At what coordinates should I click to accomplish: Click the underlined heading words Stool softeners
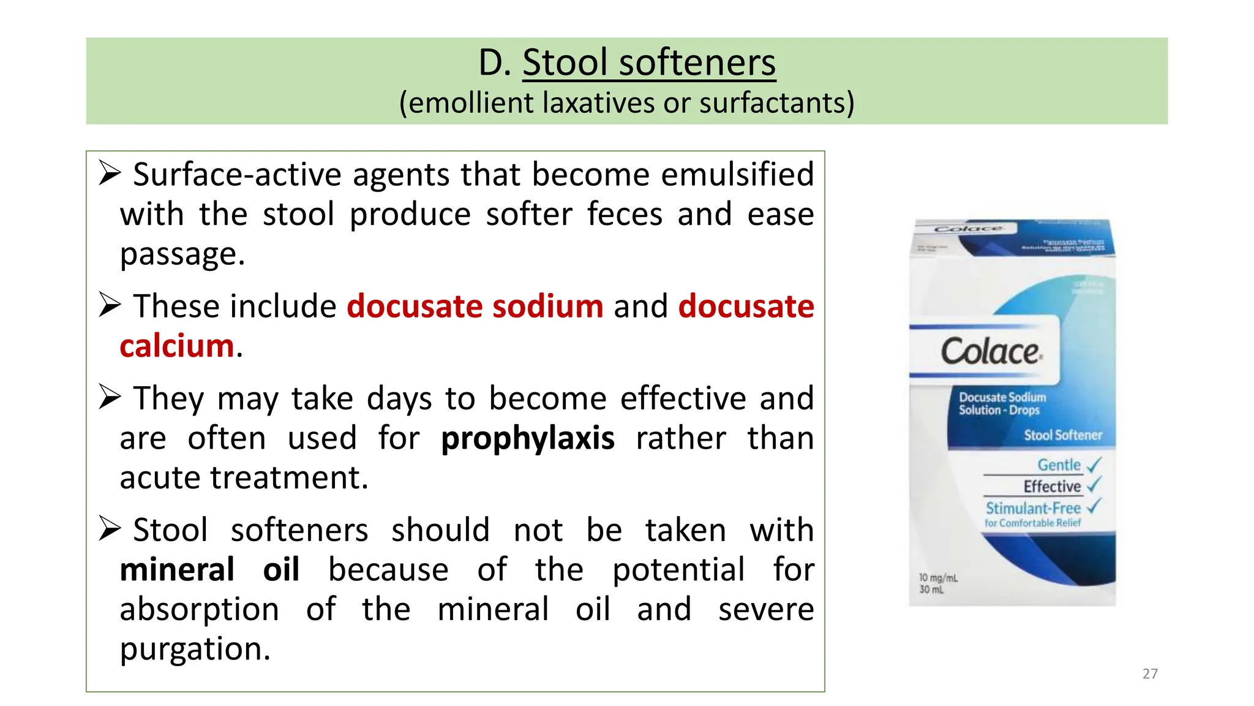pyautogui.click(x=648, y=63)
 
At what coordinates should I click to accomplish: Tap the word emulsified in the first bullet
pyautogui.click(x=737, y=175)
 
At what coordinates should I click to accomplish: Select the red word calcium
pyautogui.click(x=177, y=346)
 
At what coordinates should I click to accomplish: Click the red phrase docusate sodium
pyautogui.click(x=475, y=306)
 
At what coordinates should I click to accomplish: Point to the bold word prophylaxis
pyautogui.click(x=527, y=438)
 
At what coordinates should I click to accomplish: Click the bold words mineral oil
pyautogui.click(x=209, y=570)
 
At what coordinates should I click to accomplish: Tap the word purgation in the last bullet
pyautogui.click(x=195, y=649)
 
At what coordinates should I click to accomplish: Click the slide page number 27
pyautogui.click(x=1150, y=674)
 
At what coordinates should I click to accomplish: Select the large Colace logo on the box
pyautogui.click(x=991, y=352)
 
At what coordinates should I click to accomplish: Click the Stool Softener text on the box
pyautogui.click(x=1062, y=435)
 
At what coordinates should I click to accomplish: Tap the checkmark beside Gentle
pyautogui.click(x=1094, y=465)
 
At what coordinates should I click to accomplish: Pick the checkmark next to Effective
pyautogui.click(x=1094, y=485)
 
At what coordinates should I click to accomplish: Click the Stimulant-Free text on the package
pyautogui.click(x=1033, y=508)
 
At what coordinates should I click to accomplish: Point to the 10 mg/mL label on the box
pyautogui.click(x=938, y=577)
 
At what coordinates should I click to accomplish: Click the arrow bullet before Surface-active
pyautogui.click(x=110, y=173)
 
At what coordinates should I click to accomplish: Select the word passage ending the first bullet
pyautogui.click(x=182, y=254)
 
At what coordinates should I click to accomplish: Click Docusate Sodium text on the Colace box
pyautogui.click(x=1002, y=397)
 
